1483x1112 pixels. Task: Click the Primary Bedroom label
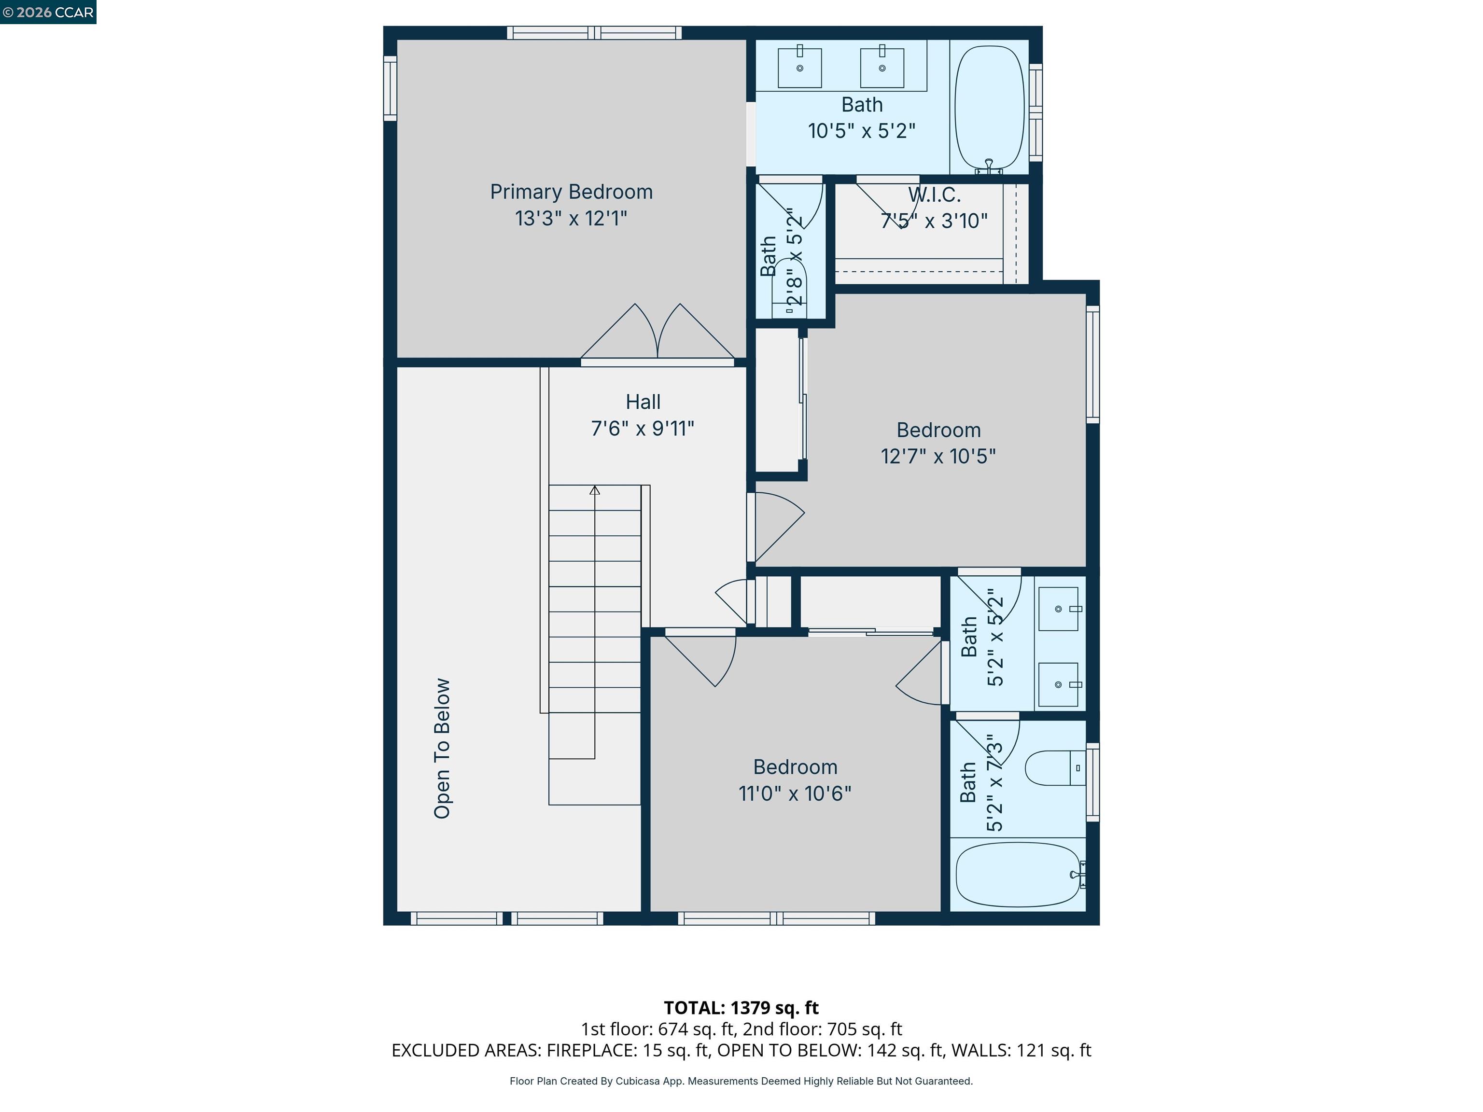[571, 192]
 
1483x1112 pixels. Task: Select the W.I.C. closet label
[934, 195]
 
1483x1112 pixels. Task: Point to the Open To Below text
[442, 748]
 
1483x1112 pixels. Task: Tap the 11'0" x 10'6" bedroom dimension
[795, 793]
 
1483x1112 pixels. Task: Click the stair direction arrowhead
[594, 490]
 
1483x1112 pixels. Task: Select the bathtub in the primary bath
[989, 107]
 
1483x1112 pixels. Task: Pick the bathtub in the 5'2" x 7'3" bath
[1018, 874]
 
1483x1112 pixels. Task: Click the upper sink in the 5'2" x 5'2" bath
[1059, 609]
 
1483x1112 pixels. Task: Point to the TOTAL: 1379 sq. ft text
[741, 1007]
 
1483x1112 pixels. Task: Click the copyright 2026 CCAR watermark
[48, 12]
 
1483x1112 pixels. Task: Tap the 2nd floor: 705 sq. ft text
[822, 1029]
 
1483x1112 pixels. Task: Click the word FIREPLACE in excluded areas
[591, 1050]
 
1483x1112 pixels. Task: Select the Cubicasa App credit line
[741, 1081]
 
